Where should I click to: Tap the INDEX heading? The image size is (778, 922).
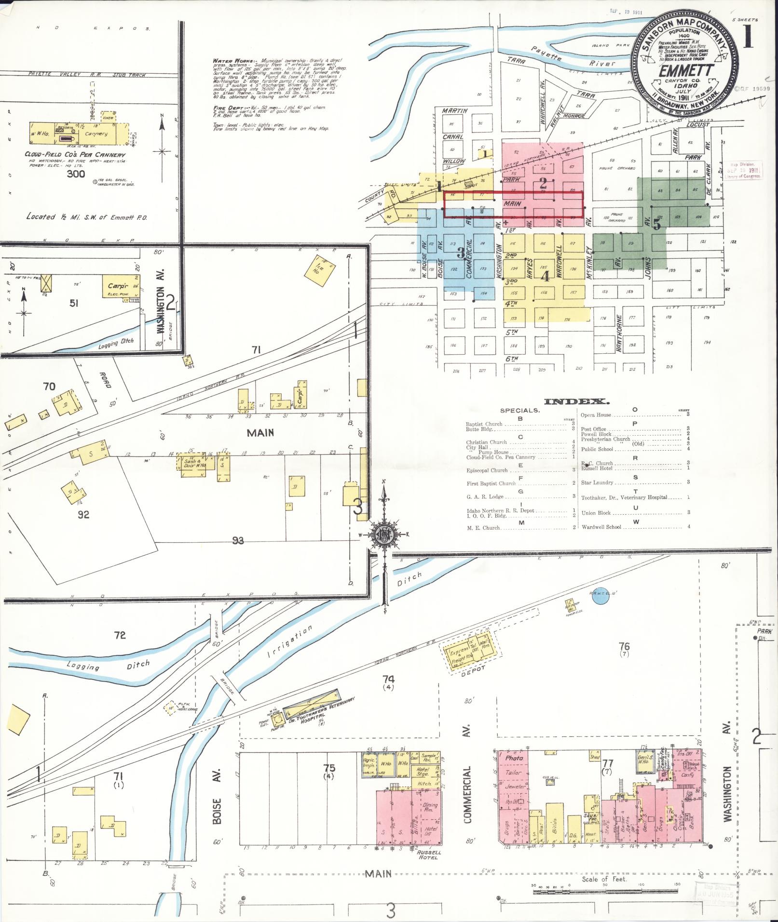click(x=576, y=401)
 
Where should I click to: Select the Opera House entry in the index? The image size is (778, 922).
click(x=596, y=414)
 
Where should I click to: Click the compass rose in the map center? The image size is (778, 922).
click(x=384, y=535)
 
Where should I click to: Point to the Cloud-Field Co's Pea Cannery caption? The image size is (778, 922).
click(x=75, y=154)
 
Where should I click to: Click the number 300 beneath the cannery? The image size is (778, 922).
click(x=76, y=174)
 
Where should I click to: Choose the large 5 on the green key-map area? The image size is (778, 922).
click(x=656, y=224)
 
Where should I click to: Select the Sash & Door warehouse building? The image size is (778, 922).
click(x=193, y=464)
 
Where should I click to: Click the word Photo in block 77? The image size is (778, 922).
click(x=514, y=758)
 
